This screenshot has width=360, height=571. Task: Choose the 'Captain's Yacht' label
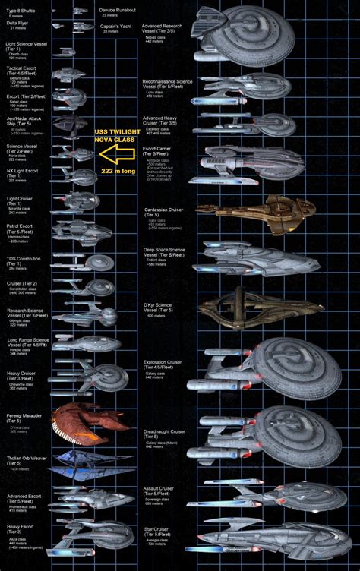(115, 27)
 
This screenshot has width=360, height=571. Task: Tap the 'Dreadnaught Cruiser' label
(163, 432)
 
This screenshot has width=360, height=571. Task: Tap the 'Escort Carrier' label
(159, 150)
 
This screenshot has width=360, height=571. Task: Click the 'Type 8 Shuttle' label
(20, 11)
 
